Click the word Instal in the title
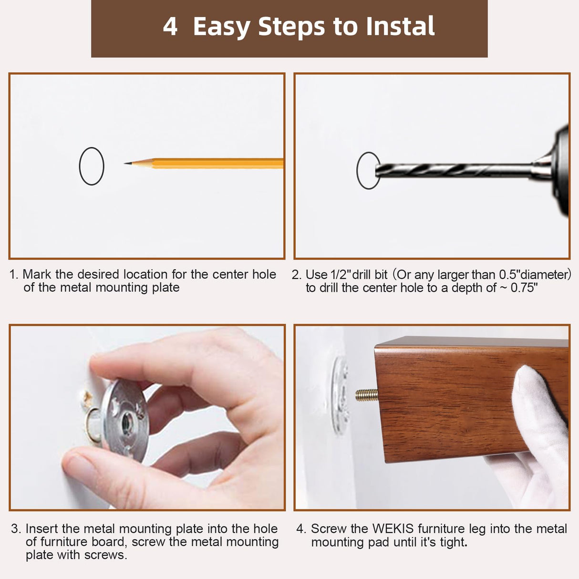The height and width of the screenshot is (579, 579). pos(400,26)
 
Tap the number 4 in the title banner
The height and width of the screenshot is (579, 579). pos(170,26)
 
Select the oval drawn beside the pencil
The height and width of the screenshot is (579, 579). pos(92,147)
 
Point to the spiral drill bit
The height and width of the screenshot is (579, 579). pos(454,170)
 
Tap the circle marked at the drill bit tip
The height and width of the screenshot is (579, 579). pos(358,170)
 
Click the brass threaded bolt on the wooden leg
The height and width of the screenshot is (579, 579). pos(367,395)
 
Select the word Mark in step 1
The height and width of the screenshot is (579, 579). pos(37,274)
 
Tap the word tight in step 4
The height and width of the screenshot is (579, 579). pos(454,542)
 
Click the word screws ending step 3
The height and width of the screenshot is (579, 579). pos(105,555)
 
